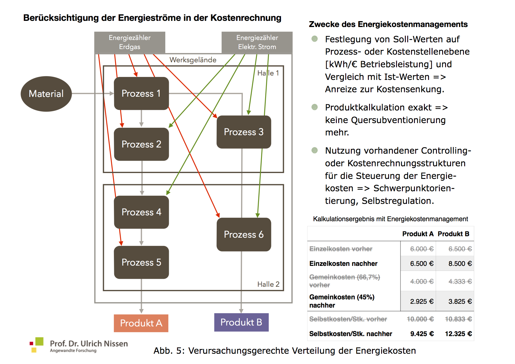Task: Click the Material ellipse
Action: (46, 94)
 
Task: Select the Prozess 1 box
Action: (141, 93)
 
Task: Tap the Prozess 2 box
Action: (141, 144)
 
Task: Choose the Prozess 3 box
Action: (244, 132)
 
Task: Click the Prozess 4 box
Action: (141, 212)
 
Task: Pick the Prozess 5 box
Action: (141, 262)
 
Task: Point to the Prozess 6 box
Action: (244, 234)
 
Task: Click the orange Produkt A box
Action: (141, 323)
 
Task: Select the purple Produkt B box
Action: (241, 322)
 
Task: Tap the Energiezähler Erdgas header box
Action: (129, 42)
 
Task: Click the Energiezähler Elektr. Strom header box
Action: (257, 42)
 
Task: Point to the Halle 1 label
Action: (268, 73)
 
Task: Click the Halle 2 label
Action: (268, 284)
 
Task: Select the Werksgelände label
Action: (193, 60)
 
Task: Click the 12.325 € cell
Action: (458, 334)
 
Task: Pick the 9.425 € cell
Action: (422, 334)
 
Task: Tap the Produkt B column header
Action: (453, 234)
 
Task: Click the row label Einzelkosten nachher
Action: (343, 264)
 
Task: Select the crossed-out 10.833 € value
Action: (458, 319)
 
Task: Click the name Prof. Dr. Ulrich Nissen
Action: (89, 343)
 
